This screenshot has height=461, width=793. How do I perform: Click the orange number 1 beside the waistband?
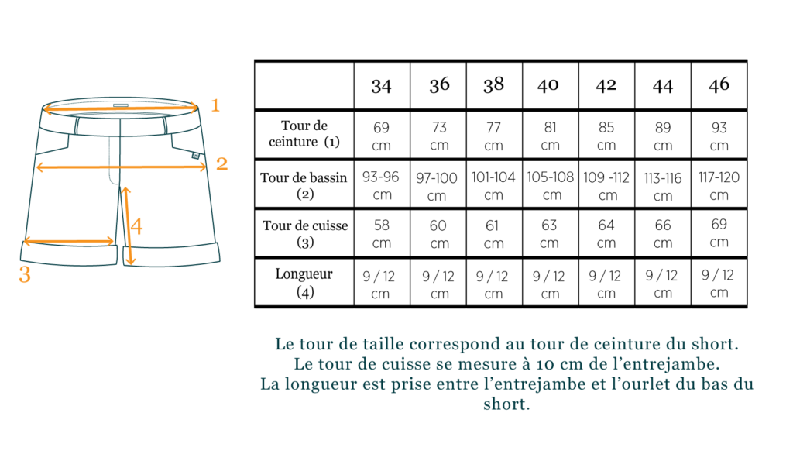tap(215, 105)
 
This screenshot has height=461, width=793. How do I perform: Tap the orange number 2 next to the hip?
tap(221, 163)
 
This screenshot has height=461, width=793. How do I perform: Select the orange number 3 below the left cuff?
tap(25, 274)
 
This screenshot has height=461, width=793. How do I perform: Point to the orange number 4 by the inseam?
tap(136, 227)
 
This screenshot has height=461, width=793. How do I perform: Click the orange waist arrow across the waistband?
tap(121, 108)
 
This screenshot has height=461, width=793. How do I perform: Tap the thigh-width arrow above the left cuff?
tap(69, 241)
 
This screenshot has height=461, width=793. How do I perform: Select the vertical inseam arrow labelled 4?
tap(128, 225)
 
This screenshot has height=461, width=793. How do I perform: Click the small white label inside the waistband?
tap(121, 105)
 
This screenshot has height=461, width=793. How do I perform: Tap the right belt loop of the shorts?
tap(165, 125)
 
